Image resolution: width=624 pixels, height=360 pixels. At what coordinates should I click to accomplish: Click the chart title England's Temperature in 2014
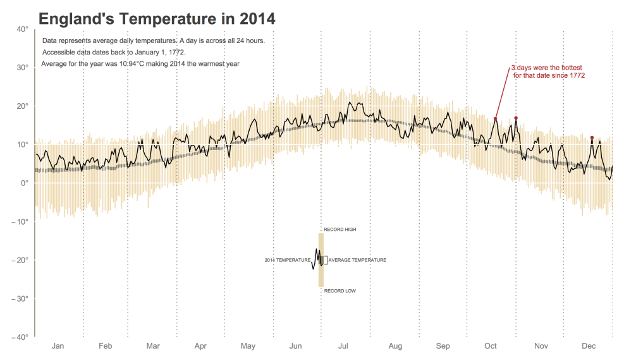(x=157, y=19)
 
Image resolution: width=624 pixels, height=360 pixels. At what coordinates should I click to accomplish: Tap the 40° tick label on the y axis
(x=22, y=28)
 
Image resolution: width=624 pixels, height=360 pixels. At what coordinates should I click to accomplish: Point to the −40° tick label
(x=20, y=337)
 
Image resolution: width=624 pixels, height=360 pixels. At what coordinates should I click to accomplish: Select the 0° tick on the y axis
(x=24, y=183)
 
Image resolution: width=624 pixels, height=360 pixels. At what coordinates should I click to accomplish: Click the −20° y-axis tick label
(x=20, y=260)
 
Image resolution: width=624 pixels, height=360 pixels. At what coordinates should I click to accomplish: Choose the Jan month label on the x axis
(x=58, y=346)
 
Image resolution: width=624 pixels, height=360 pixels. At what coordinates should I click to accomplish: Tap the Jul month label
(x=343, y=346)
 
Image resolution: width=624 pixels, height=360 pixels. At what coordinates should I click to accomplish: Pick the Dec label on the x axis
(x=589, y=346)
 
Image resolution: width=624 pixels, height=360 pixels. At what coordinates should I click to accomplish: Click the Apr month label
(x=200, y=346)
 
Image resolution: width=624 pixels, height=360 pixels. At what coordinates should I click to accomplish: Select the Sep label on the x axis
(x=443, y=346)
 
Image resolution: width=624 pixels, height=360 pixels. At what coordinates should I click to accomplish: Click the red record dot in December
(x=592, y=138)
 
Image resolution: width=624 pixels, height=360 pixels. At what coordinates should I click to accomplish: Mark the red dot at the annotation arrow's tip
(x=496, y=119)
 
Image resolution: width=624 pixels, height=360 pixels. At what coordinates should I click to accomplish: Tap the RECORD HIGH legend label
(x=340, y=230)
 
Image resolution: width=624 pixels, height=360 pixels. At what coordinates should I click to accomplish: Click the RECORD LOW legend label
(x=340, y=291)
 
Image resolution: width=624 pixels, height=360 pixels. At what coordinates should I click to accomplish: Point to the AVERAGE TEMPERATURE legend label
(x=357, y=260)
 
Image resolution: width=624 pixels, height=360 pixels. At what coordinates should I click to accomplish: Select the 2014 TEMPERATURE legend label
(x=288, y=260)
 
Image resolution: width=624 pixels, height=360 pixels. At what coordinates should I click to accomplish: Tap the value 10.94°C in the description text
(x=138, y=64)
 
